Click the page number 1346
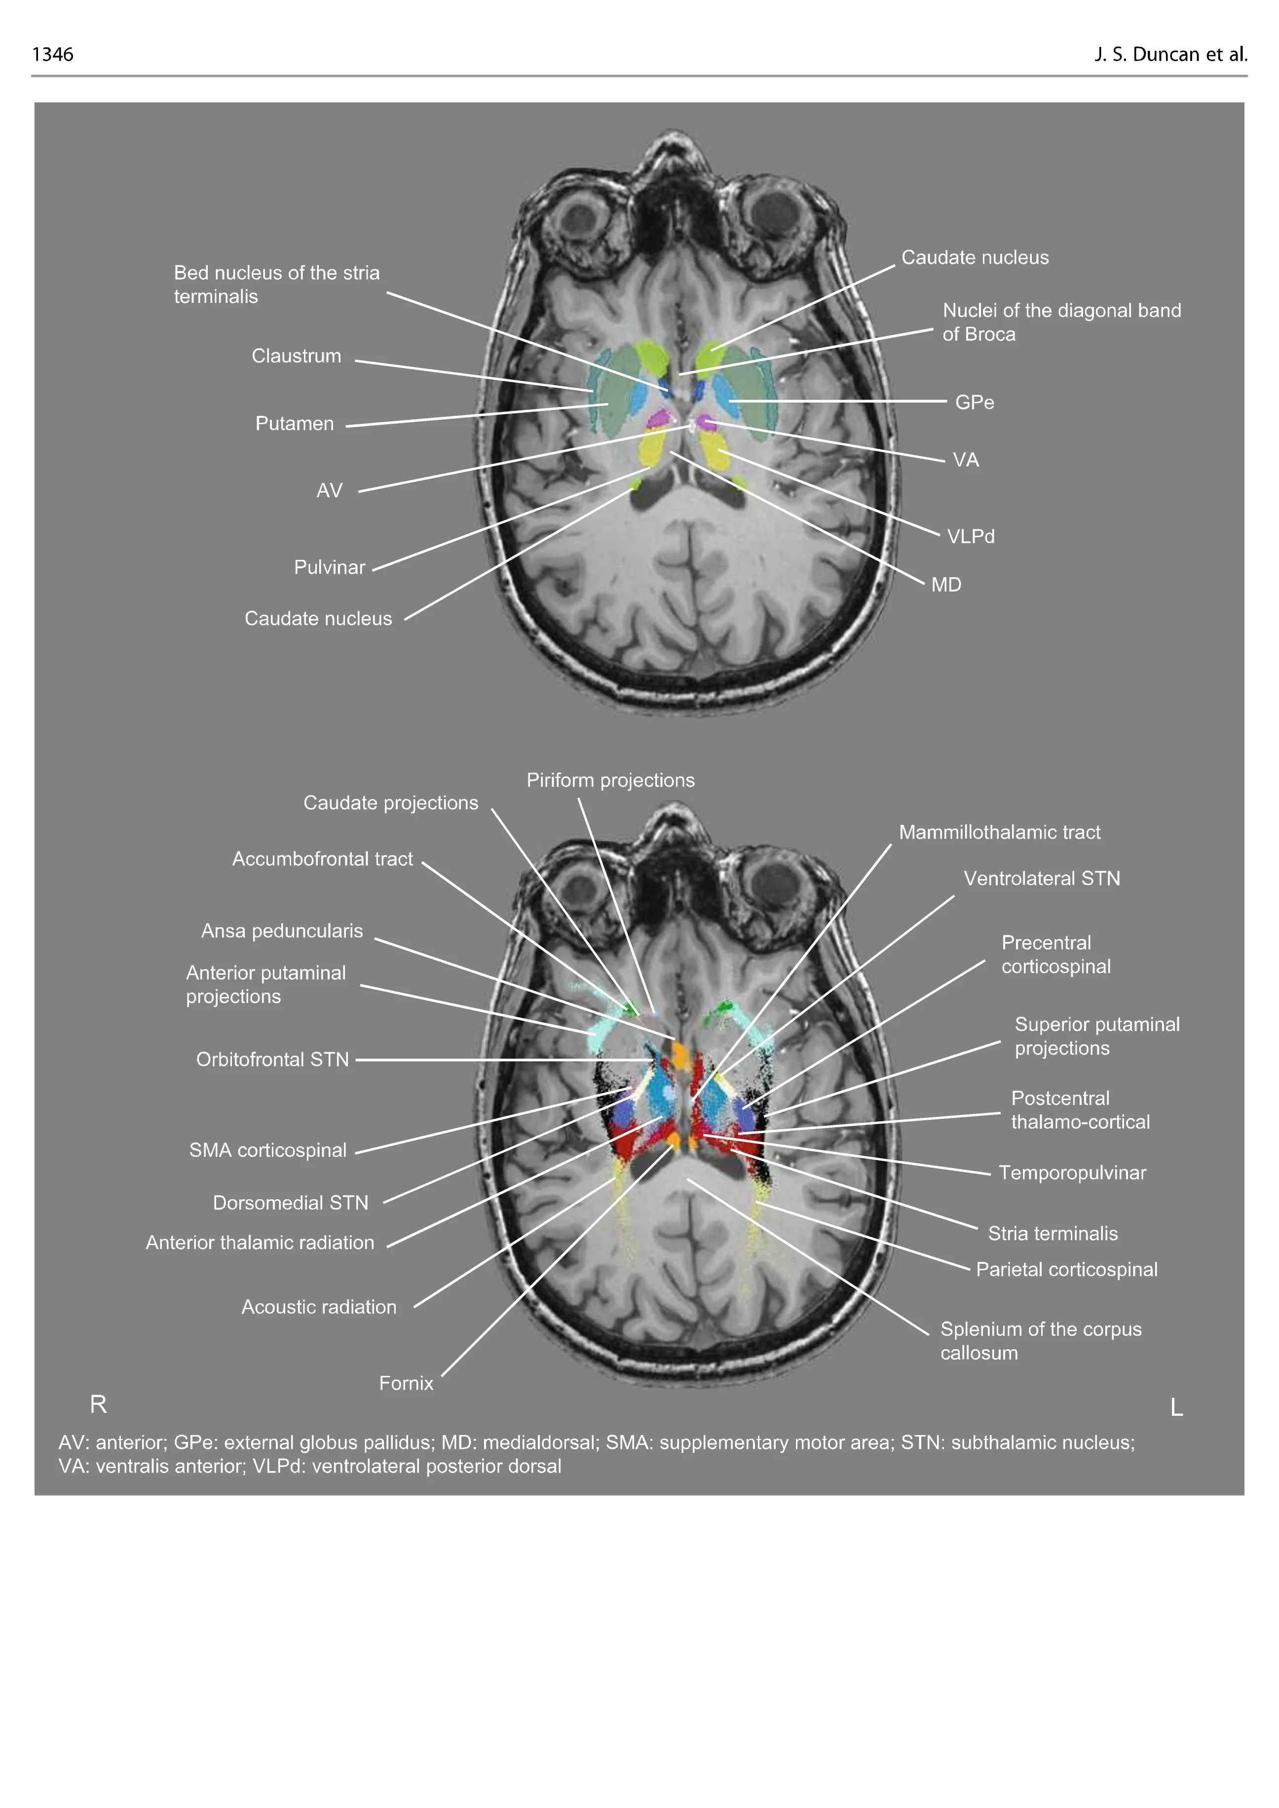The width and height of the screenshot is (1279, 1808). point(53,54)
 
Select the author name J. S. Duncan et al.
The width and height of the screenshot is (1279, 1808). point(1170,54)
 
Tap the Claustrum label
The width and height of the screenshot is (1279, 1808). point(296,356)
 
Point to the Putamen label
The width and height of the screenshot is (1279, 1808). point(295,424)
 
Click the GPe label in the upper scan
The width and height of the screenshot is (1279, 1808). point(974,403)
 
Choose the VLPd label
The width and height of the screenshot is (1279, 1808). point(970,536)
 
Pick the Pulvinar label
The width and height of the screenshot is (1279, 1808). point(329,567)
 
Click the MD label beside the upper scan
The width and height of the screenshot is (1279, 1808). point(946,584)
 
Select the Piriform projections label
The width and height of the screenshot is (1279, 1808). point(610,780)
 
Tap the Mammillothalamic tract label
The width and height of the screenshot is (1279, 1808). point(999,832)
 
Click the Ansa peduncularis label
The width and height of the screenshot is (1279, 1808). point(282,931)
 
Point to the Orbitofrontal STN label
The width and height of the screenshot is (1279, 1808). point(272,1059)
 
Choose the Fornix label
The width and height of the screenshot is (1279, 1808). point(406,1383)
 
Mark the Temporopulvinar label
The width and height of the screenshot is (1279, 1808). point(1072,1173)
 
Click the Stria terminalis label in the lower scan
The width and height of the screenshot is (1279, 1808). point(1052,1233)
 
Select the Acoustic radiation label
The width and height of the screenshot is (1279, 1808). point(319,1306)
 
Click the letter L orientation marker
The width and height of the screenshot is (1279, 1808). point(1177,1407)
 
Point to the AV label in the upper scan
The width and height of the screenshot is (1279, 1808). point(329,490)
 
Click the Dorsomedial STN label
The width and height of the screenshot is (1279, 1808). point(291,1202)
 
